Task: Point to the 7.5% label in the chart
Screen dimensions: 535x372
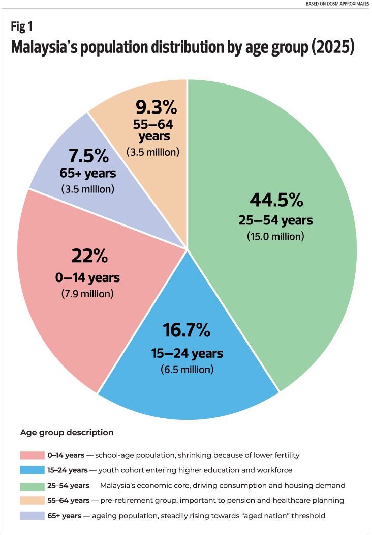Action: point(88,154)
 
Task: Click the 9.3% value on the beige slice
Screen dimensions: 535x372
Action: point(156,108)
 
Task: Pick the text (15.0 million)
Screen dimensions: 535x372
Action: point(275,237)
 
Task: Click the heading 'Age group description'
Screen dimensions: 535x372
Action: point(67,433)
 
